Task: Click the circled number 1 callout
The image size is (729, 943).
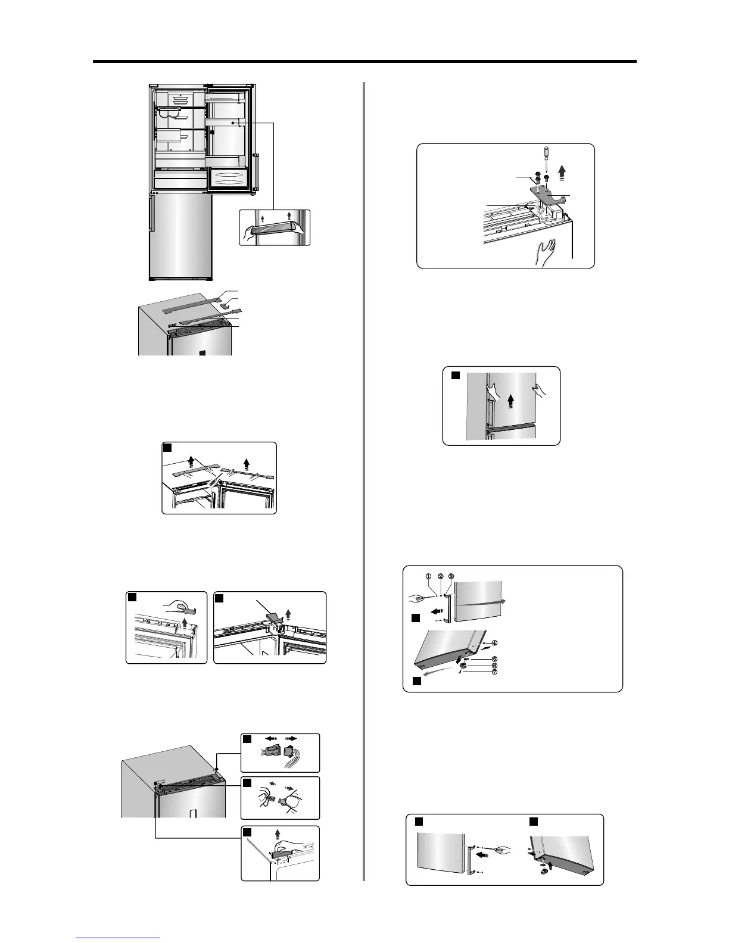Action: click(x=428, y=576)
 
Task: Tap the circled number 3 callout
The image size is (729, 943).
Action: click(x=451, y=576)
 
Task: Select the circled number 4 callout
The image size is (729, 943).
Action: click(x=494, y=643)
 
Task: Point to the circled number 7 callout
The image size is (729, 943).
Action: click(x=494, y=672)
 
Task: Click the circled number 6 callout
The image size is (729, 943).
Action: click(x=494, y=666)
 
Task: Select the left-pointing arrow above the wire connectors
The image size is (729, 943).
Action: click(x=267, y=738)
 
